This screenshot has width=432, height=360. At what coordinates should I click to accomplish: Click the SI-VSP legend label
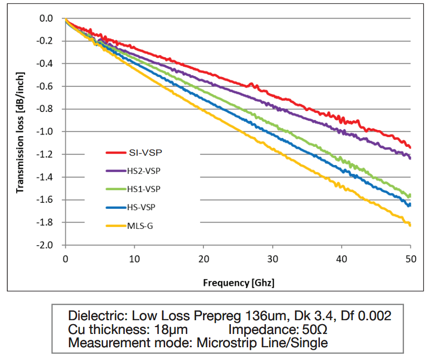[x=146, y=153]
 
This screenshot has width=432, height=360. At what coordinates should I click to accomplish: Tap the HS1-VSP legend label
[x=143, y=189]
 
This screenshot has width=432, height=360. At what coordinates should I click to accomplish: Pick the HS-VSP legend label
[x=141, y=207]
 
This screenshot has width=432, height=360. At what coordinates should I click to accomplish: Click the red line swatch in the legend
[x=116, y=153]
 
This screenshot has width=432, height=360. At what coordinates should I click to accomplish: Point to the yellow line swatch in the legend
[x=116, y=225]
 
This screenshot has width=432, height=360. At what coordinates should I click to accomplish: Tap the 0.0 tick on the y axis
[x=47, y=19]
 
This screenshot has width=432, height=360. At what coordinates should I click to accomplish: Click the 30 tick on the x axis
[x=273, y=258]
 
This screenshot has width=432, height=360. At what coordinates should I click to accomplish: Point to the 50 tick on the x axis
[x=410, y=258]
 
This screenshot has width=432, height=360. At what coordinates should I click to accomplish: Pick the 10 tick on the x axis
[x=135, y=258]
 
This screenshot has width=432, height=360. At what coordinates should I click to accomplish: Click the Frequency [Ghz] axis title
[x=238, y=283]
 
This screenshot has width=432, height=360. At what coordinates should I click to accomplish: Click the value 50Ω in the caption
[x=313, y=329]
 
